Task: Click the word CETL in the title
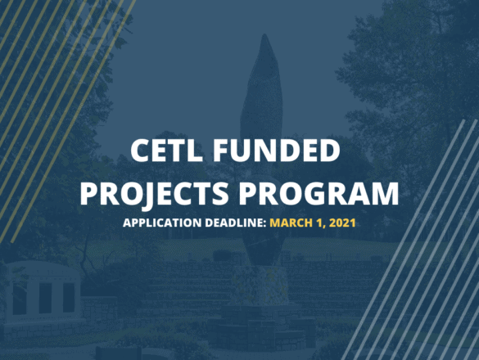coord(166,151)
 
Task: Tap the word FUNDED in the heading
coord(276,151)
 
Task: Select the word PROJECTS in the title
coord(154,194)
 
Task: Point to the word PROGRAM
coord(319,194)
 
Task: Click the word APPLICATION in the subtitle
coord(162,223)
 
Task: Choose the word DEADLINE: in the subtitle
coord(236,223)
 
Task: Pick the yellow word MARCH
coord(291,223)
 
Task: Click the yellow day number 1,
coord(321,223)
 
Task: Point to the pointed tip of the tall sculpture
coord(264,34)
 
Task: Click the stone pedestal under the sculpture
coord(260,285)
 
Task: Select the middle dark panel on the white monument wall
coord(45,298)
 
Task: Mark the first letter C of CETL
coord(140,151)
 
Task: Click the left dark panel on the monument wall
coord(20,299)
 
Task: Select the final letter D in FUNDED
coord(330,151)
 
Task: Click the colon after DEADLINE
coord(264,224)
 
